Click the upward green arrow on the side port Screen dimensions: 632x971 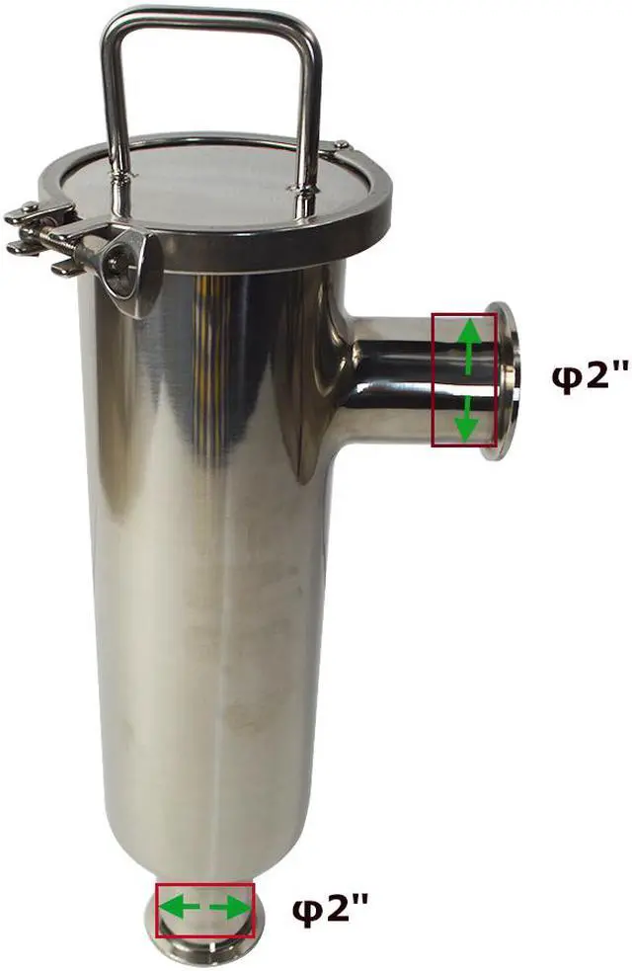point(470,346)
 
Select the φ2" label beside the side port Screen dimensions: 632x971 point(590,376)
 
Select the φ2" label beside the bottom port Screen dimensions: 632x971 point(330,910)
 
